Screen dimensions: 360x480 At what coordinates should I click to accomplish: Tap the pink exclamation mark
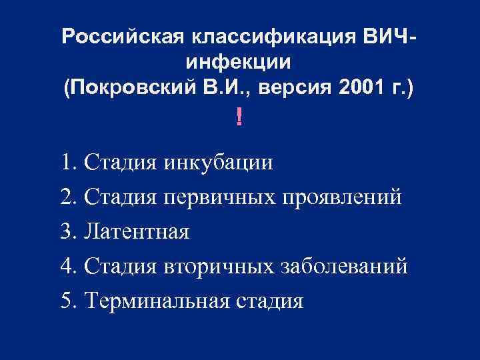239,118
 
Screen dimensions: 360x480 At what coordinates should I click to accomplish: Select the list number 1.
67,163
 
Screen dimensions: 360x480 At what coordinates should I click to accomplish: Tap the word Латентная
137,233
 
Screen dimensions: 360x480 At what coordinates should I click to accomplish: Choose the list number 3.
67,233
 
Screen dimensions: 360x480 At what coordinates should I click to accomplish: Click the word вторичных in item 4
217,267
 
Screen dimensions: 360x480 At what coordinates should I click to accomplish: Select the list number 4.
67,267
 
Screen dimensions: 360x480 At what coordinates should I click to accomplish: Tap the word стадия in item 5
270,301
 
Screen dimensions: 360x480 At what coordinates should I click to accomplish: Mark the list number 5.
67,301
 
